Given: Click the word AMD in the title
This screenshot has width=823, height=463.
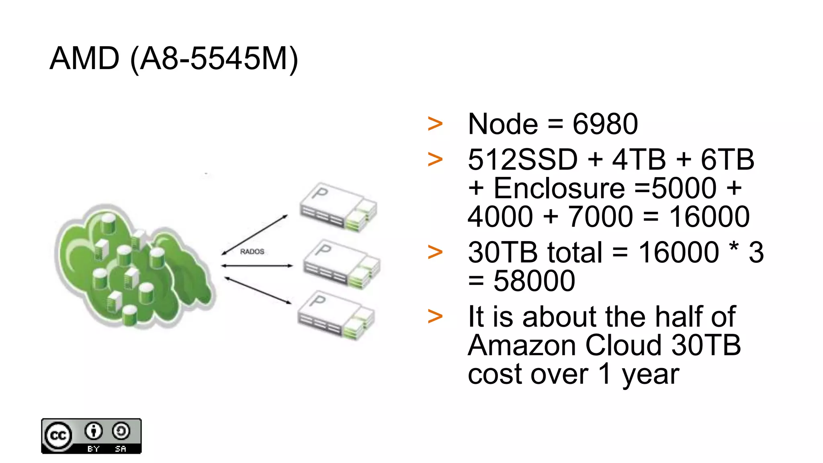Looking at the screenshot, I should tap(84, 59).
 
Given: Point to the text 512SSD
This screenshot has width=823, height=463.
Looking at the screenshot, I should tap(523, 160).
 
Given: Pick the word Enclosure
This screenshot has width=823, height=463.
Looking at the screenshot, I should tap(559, 188).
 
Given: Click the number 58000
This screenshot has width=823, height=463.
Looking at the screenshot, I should tap(534, 281).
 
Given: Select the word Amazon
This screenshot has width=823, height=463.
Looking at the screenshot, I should tap(523, 345).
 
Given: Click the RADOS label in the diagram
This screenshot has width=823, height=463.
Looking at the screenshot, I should tap(252, 252).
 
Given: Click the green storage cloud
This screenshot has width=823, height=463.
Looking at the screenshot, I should tap(133, 265).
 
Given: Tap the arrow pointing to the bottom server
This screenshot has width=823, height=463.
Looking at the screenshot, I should tap(258, 290).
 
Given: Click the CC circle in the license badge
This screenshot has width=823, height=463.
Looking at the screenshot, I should tap(58, 436).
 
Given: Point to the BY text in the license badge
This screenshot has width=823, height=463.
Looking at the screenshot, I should tap(93, 449).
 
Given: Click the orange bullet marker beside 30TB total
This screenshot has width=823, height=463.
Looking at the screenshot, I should tap(435, 252).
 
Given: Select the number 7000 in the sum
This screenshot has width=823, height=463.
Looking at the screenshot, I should tap(600, 217).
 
